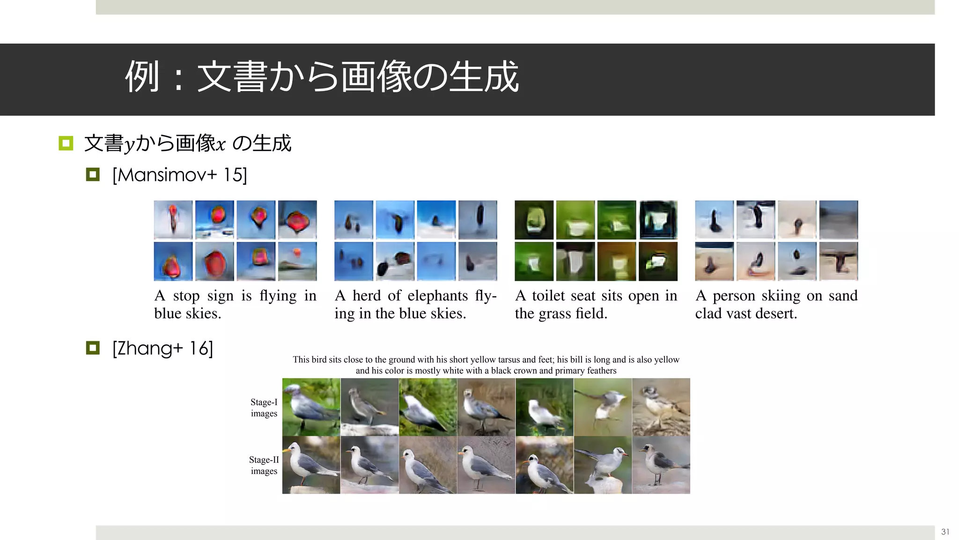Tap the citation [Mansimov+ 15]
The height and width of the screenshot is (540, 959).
179,175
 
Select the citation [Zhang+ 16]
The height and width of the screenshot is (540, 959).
162,348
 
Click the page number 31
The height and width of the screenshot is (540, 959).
945,532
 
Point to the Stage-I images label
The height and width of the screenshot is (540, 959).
264,408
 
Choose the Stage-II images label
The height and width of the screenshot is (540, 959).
264,465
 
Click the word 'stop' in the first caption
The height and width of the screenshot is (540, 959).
186,296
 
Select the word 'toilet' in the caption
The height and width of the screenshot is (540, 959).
547,296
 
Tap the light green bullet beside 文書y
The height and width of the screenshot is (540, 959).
66,143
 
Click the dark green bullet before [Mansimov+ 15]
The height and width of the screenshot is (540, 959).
93,175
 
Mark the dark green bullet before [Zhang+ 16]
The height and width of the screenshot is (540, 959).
93,348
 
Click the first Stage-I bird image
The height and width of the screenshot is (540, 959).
311,407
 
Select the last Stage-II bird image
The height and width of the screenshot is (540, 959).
661,465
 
